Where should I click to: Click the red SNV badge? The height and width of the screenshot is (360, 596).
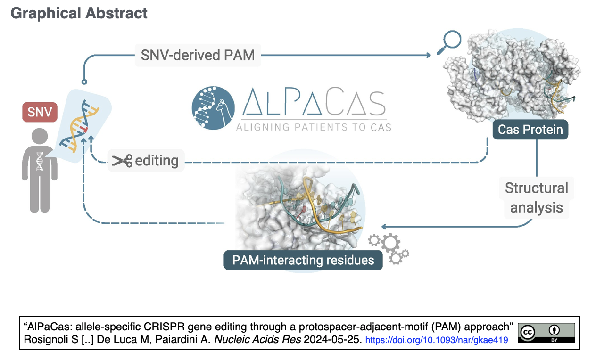point(40,112)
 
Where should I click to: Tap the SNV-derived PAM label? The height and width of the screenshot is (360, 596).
point(198,55)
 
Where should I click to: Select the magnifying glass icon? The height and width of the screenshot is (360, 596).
point(449,42)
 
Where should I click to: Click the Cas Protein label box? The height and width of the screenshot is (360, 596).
point(530,130)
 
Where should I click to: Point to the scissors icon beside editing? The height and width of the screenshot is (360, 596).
point(122,161)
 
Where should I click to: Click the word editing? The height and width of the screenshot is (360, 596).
point(157,161)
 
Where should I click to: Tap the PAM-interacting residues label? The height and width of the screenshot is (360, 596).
point(303,260)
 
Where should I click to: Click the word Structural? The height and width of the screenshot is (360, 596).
point(537,188)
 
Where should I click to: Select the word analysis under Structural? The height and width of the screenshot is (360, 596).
point(537,208)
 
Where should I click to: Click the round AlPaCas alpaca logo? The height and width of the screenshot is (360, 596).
point(213,108)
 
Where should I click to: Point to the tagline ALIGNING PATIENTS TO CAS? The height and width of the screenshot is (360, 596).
point(314,127)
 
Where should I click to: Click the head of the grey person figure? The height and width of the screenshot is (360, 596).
point(40,136)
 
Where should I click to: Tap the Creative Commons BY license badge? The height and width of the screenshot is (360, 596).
point(546,333)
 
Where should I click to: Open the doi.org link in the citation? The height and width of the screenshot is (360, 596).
point(437,340)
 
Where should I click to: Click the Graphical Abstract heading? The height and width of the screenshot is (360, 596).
point(79,13)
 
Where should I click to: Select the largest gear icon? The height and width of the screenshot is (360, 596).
point(390,243)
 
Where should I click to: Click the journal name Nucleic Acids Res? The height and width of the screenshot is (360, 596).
point(257,340)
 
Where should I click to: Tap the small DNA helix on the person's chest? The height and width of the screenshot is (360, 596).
point(40,161)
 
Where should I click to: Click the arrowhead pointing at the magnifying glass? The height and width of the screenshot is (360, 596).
point(429,55)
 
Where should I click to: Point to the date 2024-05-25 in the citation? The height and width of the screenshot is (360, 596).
point(333,340)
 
